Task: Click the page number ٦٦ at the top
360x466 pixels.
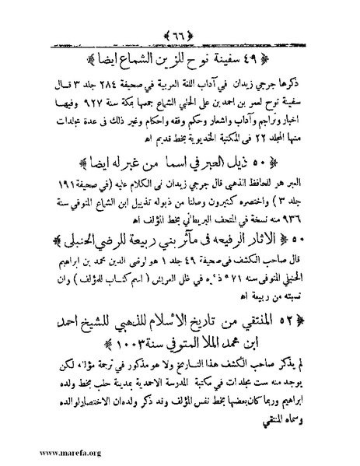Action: [x=180, y=16]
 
